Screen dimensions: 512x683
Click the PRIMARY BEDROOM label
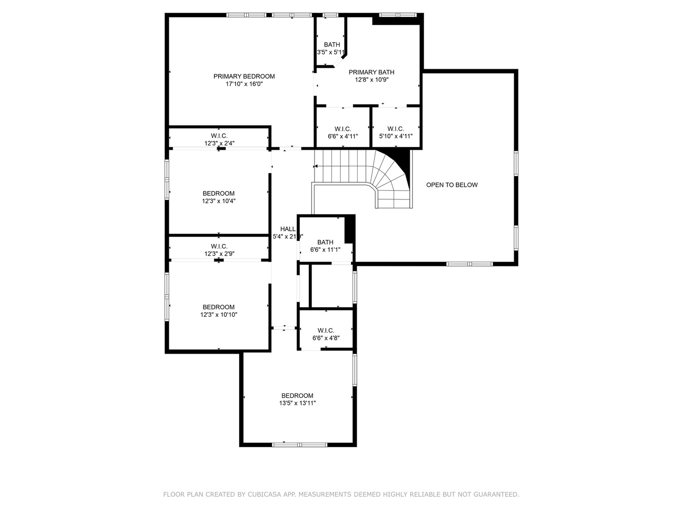(x=244, y=76)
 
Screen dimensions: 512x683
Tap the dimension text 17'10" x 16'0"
(x=244, y=84)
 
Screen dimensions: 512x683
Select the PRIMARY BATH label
(x=371, y=72)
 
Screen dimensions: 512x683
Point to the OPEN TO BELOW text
(x=452, y=185)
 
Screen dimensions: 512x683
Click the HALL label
(x=287, y=229)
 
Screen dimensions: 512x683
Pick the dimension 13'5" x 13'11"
(x=297, y=403)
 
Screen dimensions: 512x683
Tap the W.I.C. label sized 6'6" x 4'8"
(x=326, y=330)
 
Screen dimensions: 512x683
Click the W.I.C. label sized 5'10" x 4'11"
(x=396, y=129)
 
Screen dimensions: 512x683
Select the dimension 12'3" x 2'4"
(x=219, y=143)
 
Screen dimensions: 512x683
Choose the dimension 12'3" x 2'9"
(x=219, y=254)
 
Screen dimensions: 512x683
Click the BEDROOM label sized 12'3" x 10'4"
(x=219, y=193)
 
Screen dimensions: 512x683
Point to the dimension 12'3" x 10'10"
(x=219, y=314)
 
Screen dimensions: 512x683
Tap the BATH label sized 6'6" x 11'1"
(x=325, y=242)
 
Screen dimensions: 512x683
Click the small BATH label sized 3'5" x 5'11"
(x=332, y=45)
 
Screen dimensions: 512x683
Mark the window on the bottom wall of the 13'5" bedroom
(x=300, y=444)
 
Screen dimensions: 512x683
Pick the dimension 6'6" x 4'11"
(x=342, y=137)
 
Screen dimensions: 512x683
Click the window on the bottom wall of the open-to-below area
(x=470, y=264)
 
